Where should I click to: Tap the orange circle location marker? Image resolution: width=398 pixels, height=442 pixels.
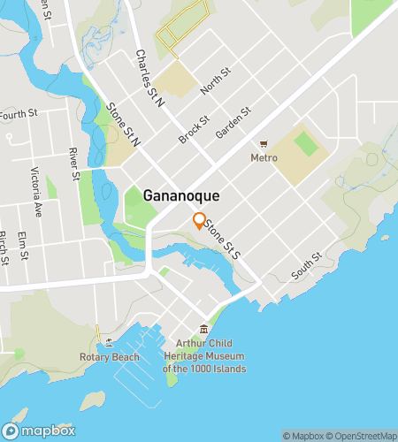[x=200, y=221]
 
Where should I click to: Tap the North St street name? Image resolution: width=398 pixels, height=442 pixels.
[x=215, y=81]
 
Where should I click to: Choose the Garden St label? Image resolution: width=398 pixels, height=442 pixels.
[x=233, y=124]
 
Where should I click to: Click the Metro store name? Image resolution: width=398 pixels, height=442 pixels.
[x=264, y=158]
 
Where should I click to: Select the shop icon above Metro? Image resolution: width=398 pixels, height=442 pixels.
[x=264, y=144]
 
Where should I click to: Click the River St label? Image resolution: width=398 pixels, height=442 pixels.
[x=74, y=164]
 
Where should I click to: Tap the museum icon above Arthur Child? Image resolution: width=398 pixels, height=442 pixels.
[x=204, y=330]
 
